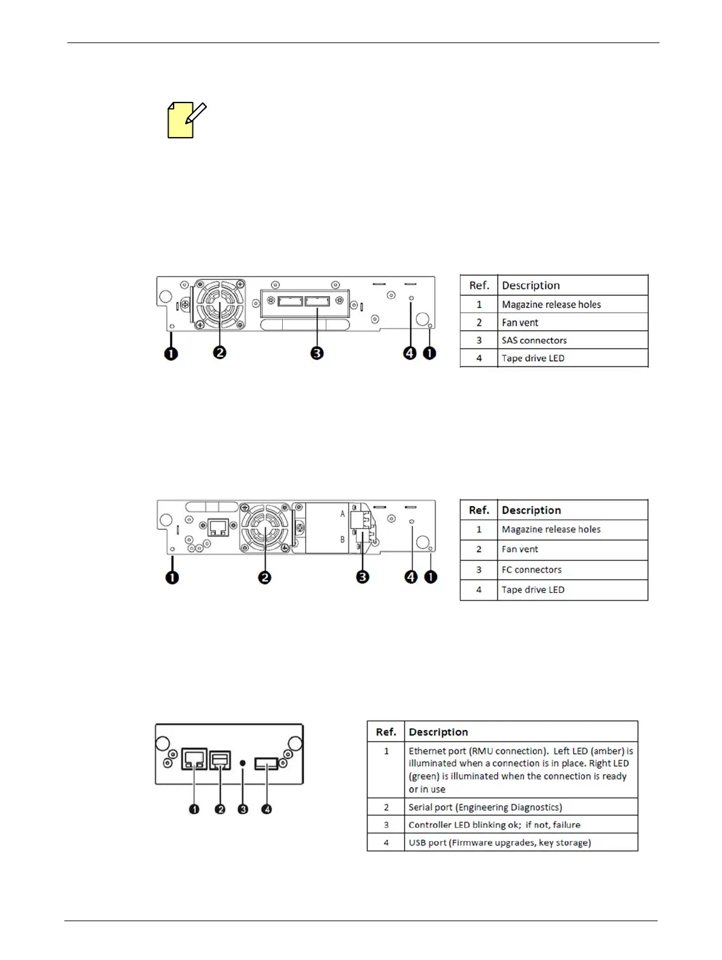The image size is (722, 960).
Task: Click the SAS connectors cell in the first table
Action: point(534,340)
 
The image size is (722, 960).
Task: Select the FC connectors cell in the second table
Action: point(531,570)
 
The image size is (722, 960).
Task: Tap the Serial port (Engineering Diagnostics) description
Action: point(485,807)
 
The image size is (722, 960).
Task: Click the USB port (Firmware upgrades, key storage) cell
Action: point(499,842)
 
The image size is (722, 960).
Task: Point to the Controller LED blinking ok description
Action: point(494,825)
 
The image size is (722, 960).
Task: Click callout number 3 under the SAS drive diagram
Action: point(317,353)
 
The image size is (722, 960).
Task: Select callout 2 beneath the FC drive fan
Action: point(265,577)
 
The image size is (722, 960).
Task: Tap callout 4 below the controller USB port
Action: point(266,809)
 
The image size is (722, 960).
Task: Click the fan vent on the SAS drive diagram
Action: point(220,305)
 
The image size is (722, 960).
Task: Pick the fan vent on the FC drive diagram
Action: point(266,530)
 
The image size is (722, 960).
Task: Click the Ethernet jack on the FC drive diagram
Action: point(217,528)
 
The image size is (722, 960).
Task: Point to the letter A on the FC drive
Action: point(342,514)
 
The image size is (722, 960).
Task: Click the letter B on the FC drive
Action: point(342,539)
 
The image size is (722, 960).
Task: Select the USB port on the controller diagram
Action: point(266,764)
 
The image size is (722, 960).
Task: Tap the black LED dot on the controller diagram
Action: point(243,762)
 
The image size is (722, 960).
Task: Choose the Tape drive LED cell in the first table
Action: point(533,358)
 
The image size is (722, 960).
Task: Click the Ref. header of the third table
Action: point(386,732)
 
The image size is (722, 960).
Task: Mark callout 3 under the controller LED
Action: point(243,809)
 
